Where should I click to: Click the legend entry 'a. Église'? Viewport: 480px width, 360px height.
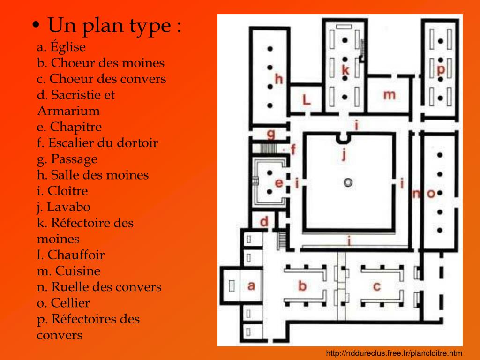click(61, 47)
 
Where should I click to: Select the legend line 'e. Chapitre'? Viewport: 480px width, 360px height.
click(69, 127)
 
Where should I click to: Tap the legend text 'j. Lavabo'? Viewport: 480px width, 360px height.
click(64, 207)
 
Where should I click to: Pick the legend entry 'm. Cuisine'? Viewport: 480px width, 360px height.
click(69, 271)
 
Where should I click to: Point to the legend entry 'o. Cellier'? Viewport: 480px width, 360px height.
click(63, 303)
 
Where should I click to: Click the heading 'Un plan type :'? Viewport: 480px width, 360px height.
click(114, 25)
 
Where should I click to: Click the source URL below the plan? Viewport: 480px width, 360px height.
click(394, 353)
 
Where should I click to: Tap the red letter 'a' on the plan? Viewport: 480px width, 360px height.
click(251, 285)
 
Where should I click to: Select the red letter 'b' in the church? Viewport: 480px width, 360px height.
click(303, 285)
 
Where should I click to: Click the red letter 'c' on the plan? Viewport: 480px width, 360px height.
click(376, 285)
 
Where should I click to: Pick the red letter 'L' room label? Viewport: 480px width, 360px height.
click(306, 99)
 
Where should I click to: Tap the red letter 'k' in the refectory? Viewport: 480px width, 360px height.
click(345, 70)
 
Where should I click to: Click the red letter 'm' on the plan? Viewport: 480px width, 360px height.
click(389, 95)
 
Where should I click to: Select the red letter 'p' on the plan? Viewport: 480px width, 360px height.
click(441, 70)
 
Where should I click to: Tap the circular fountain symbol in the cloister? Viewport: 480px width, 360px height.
click(347, 182)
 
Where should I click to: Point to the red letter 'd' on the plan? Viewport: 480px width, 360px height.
click(264, 221)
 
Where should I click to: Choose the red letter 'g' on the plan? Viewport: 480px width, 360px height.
click(271, 135)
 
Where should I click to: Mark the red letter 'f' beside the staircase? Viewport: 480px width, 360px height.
click(294, 150)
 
